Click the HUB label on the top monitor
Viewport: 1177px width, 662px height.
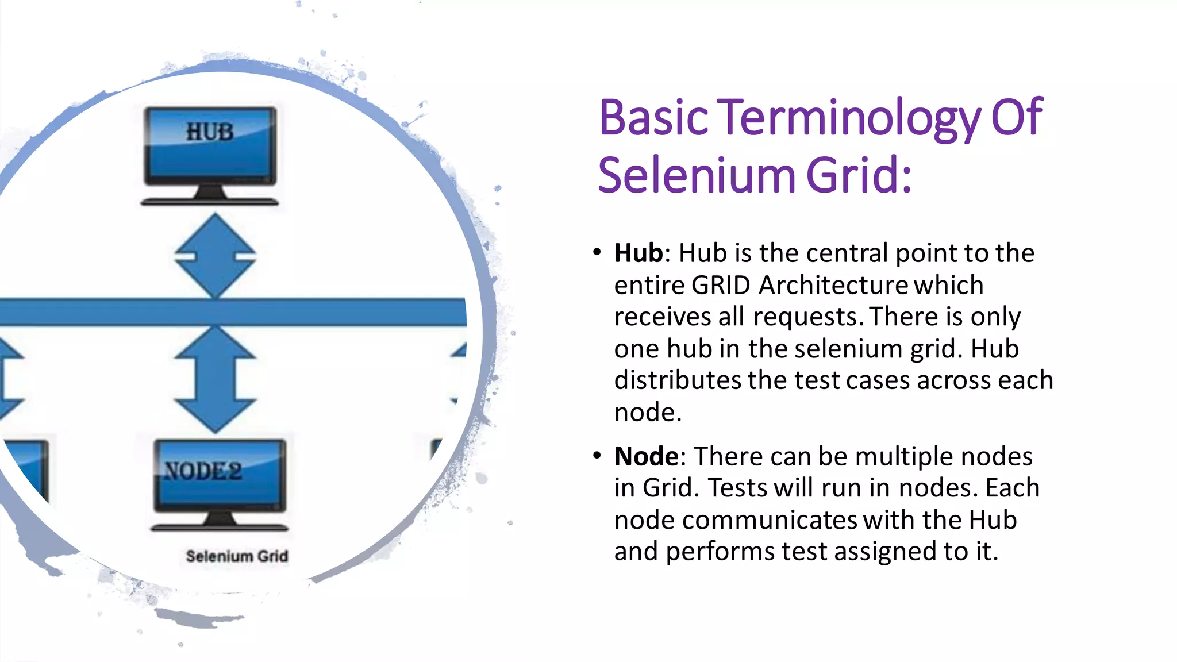coord(210,132)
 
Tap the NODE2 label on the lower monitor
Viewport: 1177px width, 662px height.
coord(203,471)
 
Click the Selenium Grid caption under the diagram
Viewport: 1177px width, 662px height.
coord(237,556)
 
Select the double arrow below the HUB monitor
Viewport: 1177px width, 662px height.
coord(216,256)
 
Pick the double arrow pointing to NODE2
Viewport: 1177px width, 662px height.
coord(216,379)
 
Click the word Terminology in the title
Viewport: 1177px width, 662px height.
coord(850,118)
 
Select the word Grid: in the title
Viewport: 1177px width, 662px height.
coord(859,175)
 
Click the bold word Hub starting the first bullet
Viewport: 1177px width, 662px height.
coord(638,253)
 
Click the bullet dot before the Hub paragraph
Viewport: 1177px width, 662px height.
coord(597,252)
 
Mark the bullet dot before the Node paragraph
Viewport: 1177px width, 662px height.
coord(597,456)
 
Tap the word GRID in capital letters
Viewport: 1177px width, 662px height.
coord(721,286)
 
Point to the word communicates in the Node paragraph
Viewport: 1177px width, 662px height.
coord(770,520)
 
